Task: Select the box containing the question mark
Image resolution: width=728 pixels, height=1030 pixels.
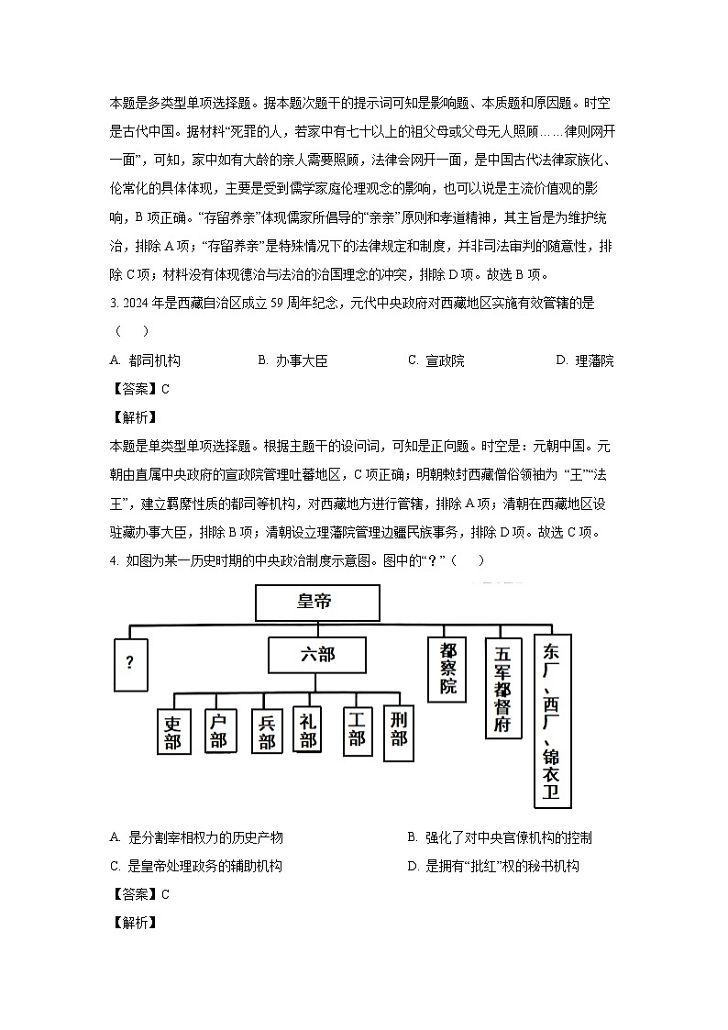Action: tap(130, 663)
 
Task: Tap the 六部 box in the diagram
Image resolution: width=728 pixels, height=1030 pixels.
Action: tap(316, 656)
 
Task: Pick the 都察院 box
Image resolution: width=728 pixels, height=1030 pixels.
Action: tap(448, 669)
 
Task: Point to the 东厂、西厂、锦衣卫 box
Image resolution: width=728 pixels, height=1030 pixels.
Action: tap(552, 721)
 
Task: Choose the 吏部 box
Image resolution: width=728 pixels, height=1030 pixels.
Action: tap(173, 732)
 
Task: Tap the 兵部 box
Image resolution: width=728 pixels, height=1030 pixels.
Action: tap(266, 732)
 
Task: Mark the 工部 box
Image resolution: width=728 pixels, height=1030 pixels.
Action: tap(357, 728)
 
